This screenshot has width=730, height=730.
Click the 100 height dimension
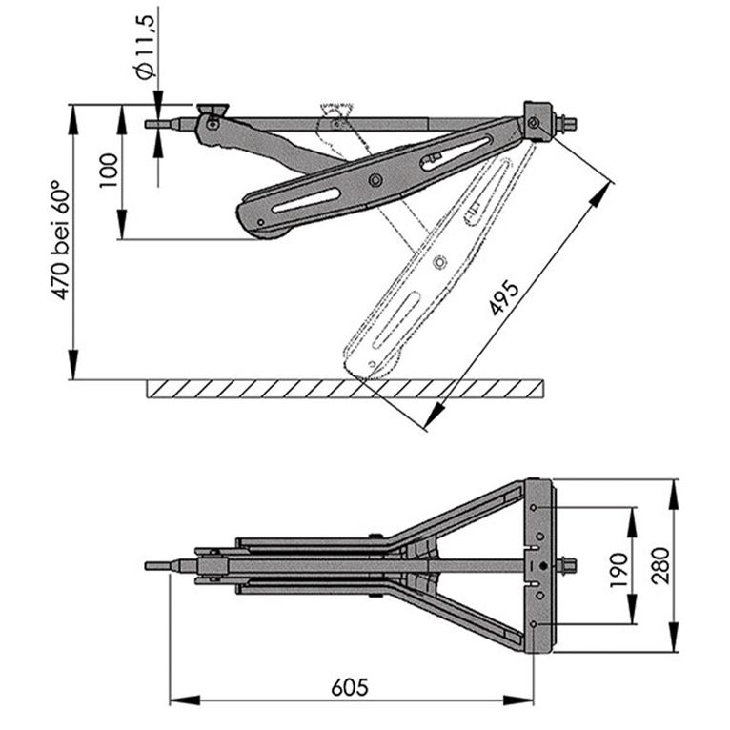click(107, 172)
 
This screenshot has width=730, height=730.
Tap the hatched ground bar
click(348, 389)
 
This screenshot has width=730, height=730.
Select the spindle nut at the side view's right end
click(569, 122)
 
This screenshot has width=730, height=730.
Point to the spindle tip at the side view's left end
click(154, 123)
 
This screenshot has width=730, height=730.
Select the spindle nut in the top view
click(570, 566)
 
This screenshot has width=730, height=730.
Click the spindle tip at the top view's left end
click(155, 566)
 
